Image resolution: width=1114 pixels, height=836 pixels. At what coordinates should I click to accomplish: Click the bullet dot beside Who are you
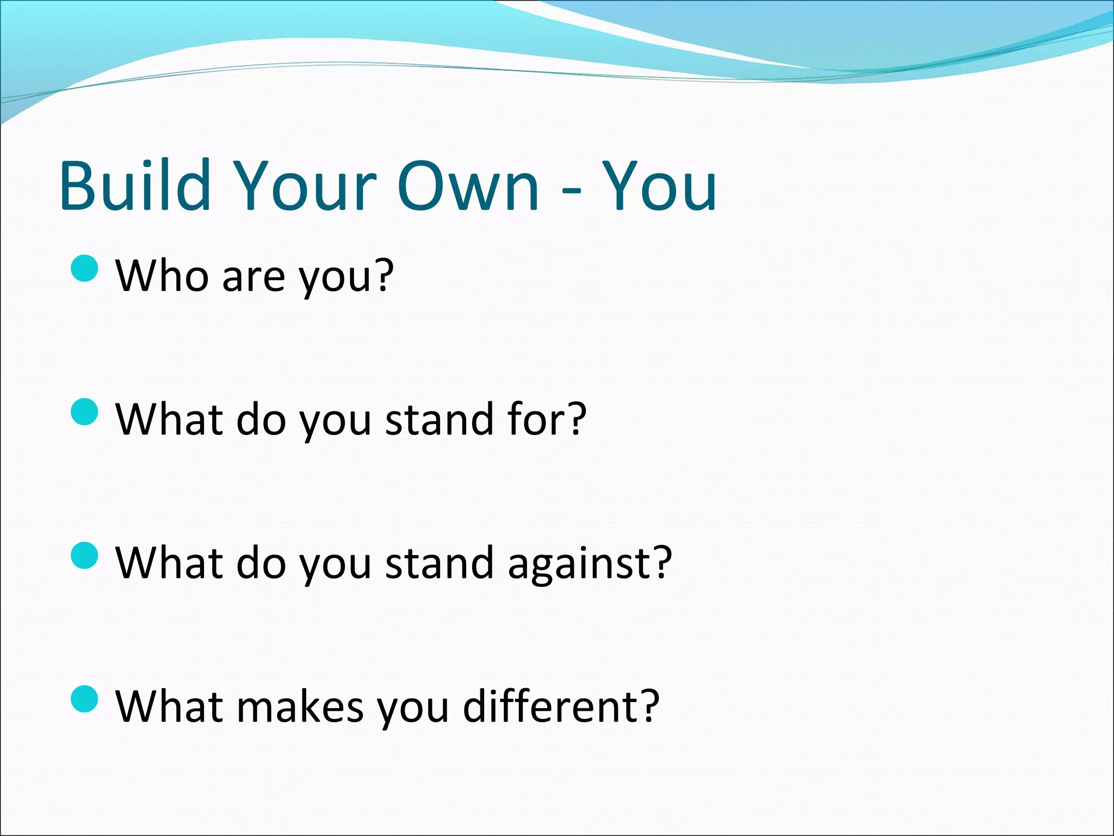click(x=85, y=268)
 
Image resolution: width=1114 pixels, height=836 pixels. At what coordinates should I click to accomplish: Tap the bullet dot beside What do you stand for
click(x=85, y=411)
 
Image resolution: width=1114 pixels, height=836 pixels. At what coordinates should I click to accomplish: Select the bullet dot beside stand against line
click(x=85, y=555)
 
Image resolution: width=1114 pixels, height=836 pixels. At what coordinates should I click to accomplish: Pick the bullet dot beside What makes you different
click(x=85, y=699)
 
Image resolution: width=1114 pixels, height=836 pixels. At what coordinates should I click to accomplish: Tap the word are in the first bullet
click(x=253, y=278)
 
